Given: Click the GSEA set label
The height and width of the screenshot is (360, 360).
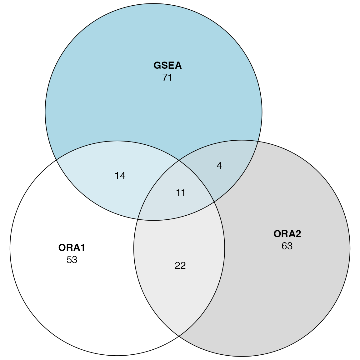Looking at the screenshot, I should pos(167,66).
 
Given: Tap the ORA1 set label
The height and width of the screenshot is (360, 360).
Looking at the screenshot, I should pos(72,248).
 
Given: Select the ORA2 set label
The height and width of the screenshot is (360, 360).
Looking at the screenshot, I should pos(287,234).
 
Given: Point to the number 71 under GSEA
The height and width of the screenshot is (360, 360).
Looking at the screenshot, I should pos(167,77).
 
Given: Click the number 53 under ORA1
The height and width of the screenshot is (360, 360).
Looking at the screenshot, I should pos(72,260).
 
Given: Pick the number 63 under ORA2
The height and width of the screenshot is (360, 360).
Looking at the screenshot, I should pos(287,246).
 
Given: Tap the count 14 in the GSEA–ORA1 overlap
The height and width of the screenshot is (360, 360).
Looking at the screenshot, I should pos(120,176).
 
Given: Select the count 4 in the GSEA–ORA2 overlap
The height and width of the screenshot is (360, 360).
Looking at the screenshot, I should pos(219,166).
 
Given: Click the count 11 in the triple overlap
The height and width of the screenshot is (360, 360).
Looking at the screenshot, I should pos(181,193).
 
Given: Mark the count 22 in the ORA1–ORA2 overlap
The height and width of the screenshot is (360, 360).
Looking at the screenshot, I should pos(180,266).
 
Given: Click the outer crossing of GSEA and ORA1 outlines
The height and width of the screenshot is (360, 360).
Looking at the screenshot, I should pos(56,160).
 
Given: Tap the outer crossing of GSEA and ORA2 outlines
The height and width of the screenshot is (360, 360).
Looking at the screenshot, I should pos(258,141).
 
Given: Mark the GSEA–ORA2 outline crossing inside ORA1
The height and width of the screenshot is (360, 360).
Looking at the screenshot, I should pos(138,219).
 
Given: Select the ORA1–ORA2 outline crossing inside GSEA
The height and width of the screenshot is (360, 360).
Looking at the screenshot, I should pos(179,161).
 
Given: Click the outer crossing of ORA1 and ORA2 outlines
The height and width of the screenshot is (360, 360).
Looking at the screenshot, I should pos(179,336).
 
